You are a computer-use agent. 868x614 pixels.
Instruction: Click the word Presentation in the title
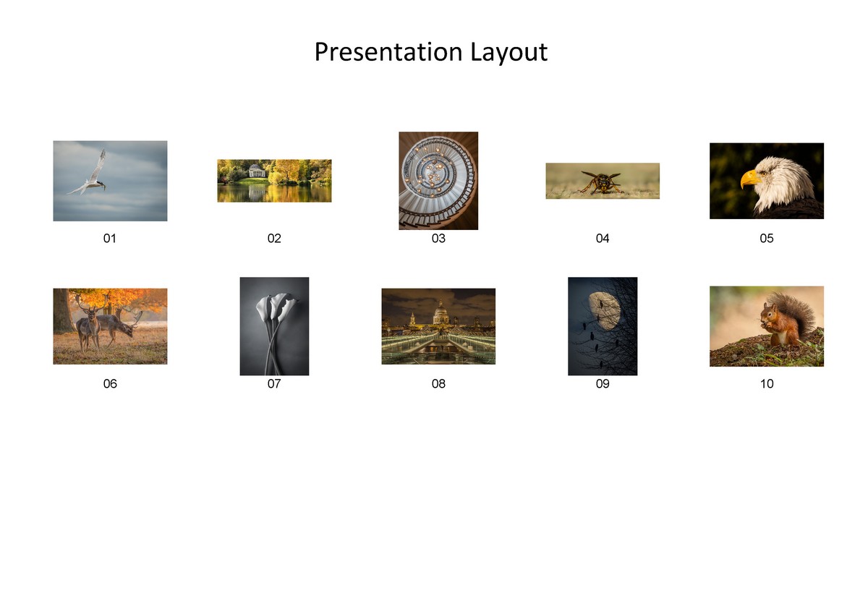(x=388, y=53)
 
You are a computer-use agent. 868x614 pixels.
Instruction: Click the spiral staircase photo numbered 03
(x=438, y=181)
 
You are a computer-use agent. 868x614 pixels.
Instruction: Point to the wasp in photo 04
(x=600, y=182)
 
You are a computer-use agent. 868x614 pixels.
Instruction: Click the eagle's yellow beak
(x=750, y=178)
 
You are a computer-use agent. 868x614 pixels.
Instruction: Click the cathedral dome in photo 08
(x=440, y=313)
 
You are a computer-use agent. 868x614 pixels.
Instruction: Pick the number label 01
(x=110, y=239)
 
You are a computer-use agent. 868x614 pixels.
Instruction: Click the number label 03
(x=438, y=239)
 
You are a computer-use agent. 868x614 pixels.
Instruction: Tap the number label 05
(x=767, y=239)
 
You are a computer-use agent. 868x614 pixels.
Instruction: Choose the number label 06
(x=110, y=384)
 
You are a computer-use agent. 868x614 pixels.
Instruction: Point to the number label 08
(x=438, y=384)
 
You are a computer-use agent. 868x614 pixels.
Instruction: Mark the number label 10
(x=767, y=384)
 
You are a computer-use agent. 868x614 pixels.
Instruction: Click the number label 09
(x=603, y=384)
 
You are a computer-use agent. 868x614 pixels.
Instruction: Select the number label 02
(x=274, y=239)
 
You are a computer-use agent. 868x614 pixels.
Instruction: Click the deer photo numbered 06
(x=110, y=326)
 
